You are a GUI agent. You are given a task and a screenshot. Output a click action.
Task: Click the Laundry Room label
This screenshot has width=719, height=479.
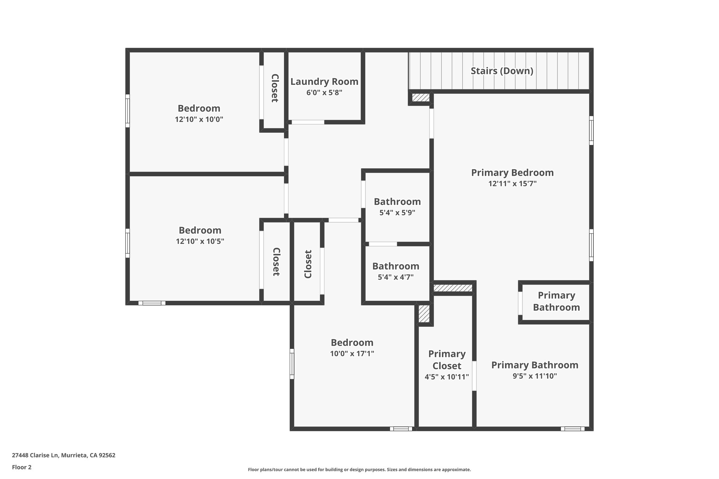(x=324, y=82)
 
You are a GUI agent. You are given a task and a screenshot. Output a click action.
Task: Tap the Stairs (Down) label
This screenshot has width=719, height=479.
(x=502, y=71)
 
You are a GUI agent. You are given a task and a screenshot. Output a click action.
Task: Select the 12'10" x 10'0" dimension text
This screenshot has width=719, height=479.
(x=199, y=119)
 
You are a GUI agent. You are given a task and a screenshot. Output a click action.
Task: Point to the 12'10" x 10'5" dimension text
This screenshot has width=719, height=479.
(x=200, y=241)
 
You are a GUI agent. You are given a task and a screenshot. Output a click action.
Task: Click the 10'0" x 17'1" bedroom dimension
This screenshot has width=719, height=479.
(x=352, y=354)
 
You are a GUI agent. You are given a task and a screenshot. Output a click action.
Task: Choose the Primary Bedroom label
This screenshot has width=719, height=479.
(x=512, y=173)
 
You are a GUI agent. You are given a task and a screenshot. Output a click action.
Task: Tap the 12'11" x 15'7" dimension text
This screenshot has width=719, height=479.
(x=512, y=184)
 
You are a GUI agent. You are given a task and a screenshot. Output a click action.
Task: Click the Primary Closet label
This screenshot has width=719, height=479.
(x=447, y=360)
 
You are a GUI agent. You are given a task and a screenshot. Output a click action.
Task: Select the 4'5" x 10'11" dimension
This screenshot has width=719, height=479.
(x=447, y=377)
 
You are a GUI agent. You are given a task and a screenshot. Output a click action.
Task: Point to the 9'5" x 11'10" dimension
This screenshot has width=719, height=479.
(x=534, y=376)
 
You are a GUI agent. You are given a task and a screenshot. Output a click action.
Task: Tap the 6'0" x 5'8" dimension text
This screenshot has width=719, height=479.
(x=324, y=93)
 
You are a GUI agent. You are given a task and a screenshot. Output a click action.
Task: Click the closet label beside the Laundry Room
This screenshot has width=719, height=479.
(x=275, y=88)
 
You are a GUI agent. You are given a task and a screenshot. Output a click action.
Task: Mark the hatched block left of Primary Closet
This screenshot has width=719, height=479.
(x=424, y=313)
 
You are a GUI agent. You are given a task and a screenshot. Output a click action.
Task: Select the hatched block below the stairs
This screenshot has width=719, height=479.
(x=420, y=98)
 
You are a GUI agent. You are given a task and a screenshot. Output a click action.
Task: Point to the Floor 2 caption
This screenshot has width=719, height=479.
(x=22, y=467)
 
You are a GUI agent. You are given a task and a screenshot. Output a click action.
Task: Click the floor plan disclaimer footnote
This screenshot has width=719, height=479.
(x=359, y=470)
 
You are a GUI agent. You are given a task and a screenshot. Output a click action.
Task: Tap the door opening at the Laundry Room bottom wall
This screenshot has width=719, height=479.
(x=308, y=122)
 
